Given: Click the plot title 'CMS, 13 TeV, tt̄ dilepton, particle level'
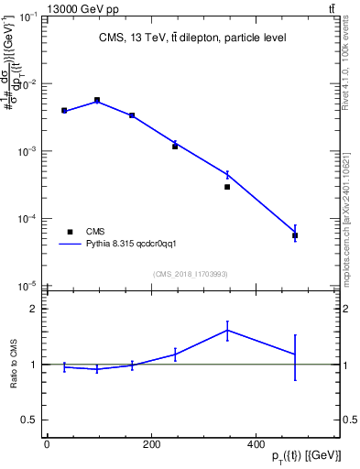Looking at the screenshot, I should coord(191,38).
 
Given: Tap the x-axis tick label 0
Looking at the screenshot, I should coord(47,445).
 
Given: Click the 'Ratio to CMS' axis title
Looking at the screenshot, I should coord(14,364).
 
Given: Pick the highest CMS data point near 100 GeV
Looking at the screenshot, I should coord(97,100).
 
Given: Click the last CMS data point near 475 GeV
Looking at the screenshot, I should coord(295,235).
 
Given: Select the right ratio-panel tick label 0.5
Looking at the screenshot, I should coord(350,420).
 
